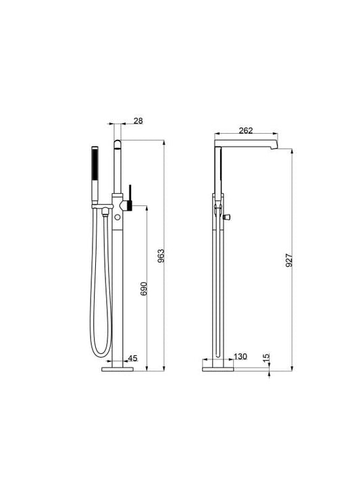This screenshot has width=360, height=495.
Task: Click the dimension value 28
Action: pos(138,121)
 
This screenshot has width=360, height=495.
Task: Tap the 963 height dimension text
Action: pos(161,256)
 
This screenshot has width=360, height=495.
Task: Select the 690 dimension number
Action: pos(144,288)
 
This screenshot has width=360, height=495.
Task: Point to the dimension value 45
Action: pos(132,359)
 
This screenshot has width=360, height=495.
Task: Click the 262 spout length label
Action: pos(246,130)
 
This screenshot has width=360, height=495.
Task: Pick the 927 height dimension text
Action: pos(289,260)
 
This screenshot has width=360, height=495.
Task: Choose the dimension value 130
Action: pos(240,357)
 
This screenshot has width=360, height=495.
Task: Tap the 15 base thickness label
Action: pos(267,357)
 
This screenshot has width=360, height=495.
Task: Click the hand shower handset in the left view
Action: pos(95,175)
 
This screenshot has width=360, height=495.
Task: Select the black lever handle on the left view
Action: pos(130,198)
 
